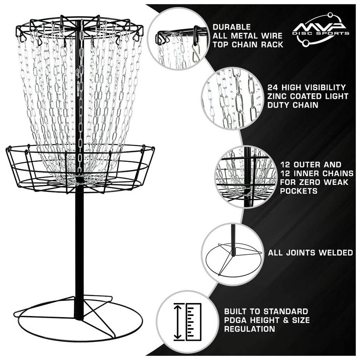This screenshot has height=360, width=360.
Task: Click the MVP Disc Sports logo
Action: (321, 29)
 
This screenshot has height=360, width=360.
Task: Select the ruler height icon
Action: (187, 322)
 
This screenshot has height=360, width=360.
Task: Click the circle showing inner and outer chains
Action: (246, 177)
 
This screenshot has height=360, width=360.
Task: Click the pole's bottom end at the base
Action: (79, 317)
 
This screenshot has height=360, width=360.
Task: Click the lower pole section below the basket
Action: (79, 244)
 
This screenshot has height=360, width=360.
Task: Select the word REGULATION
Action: (249, 329)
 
